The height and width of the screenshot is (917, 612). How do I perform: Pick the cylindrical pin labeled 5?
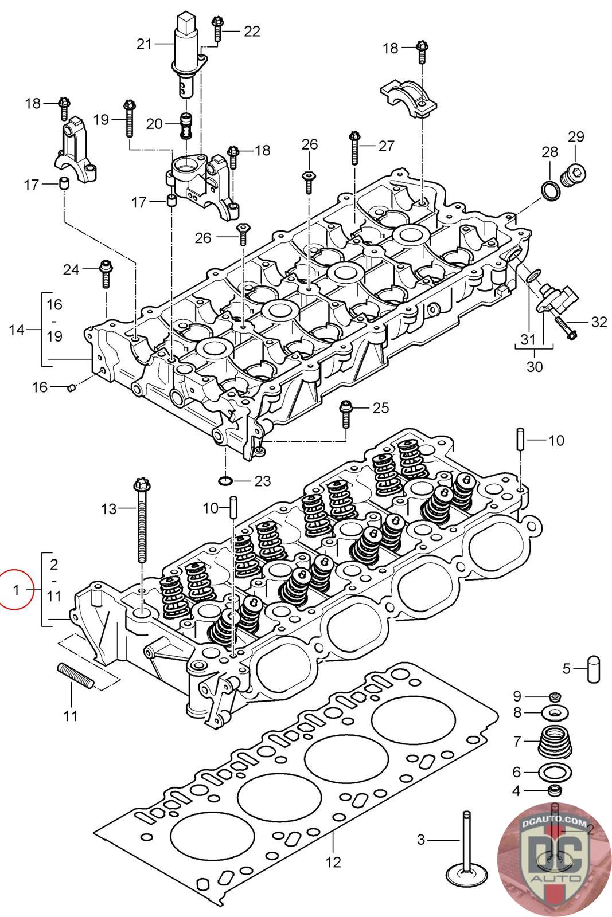593,668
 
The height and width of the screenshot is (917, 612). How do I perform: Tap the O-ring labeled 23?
227,479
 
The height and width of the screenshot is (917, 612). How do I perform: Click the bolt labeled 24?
106,273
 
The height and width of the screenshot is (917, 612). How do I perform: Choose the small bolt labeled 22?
217,28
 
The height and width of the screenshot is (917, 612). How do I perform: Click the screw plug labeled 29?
575,174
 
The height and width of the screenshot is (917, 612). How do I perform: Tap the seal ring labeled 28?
551,191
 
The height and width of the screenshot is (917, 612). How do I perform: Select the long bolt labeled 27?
354,147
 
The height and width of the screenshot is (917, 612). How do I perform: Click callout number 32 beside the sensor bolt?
598,322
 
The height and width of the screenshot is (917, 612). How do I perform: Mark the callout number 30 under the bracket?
534,366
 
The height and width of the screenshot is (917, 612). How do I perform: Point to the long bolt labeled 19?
129,119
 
